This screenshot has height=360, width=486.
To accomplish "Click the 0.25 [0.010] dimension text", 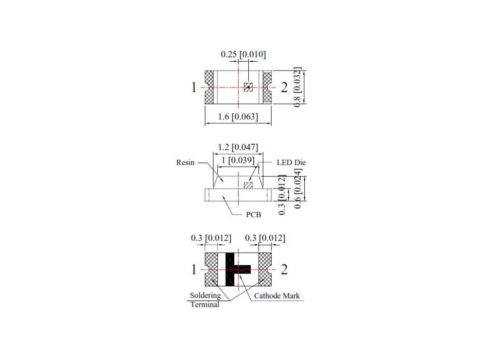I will pyautogui.click(x=243, y=54).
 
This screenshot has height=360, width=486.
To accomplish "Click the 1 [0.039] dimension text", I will pyautogui.click(x=238, y=160).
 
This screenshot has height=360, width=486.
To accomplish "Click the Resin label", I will pyautogui.click(x=185, y=163).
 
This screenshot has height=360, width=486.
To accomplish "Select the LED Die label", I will pyautogui.click(x=291, y=163).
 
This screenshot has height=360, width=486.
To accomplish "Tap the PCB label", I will pyautogui.click(x=253, y=214).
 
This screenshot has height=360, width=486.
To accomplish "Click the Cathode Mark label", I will pyautogui.click(x=277, y=295).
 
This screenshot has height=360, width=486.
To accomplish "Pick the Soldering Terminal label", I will pyautogui.click(x=205, y=300).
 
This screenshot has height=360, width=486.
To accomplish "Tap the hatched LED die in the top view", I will pyautogui.click(x=248, y=87).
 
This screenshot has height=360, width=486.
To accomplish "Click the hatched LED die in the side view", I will pyautogui.click(x=248, y=185).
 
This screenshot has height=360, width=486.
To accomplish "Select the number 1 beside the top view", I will pyautogui.click(x=194, y=87).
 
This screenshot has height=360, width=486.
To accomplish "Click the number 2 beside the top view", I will pyautogui.click(x=284, y=87).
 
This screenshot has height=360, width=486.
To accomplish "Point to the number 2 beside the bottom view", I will pyautogui.click(x=284, y=269).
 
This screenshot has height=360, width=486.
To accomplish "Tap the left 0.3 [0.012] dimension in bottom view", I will pyautogui.click(x=210, y=238).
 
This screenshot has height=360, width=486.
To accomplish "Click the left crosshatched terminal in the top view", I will pyautogui.click(x=209, y=87).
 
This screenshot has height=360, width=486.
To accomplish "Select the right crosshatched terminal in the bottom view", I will pyautogui.click(x=265, y=270).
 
